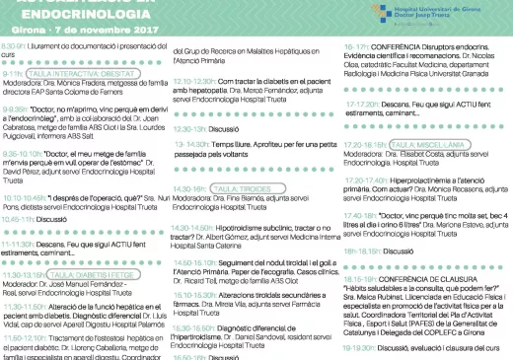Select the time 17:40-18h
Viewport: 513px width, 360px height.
pyautogui.click(x=362, y=214)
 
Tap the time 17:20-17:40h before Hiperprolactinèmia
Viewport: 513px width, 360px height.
pyautogui.click(x=362, y=180)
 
